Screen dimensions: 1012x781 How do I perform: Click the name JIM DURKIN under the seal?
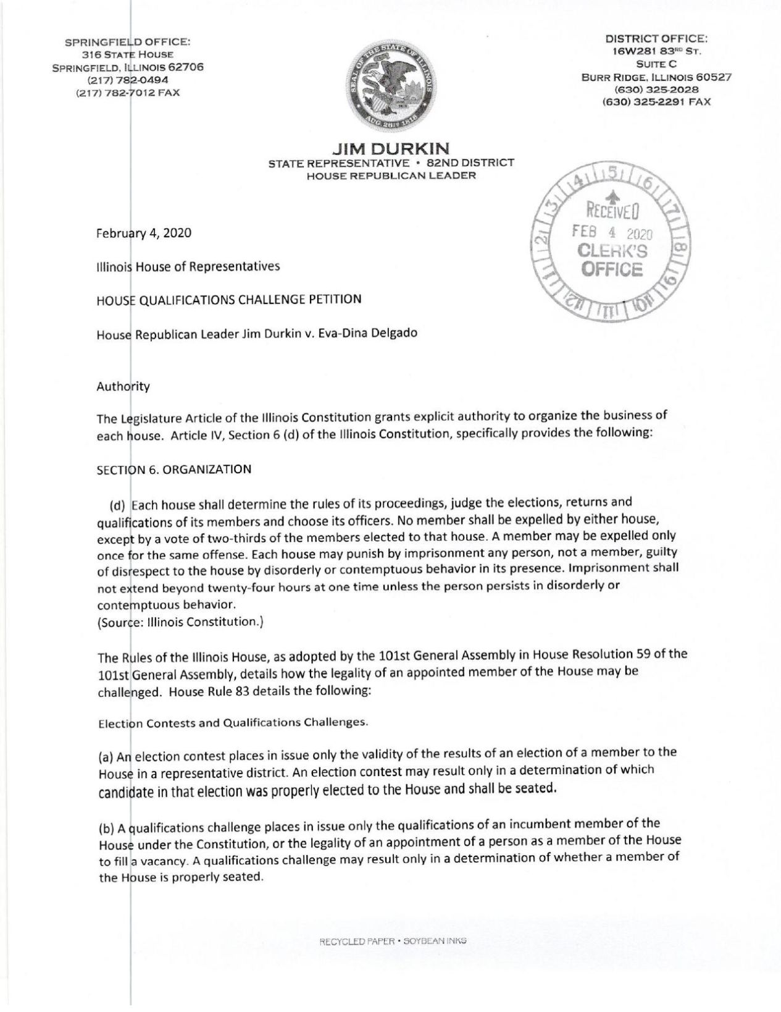(x=390, y=148)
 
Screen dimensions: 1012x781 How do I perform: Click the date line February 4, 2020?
(x=143, y=234)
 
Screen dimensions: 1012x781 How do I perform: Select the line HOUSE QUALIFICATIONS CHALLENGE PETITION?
(x=228, y=300)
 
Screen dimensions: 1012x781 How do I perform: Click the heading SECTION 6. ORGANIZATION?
(x=173, y=468)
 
